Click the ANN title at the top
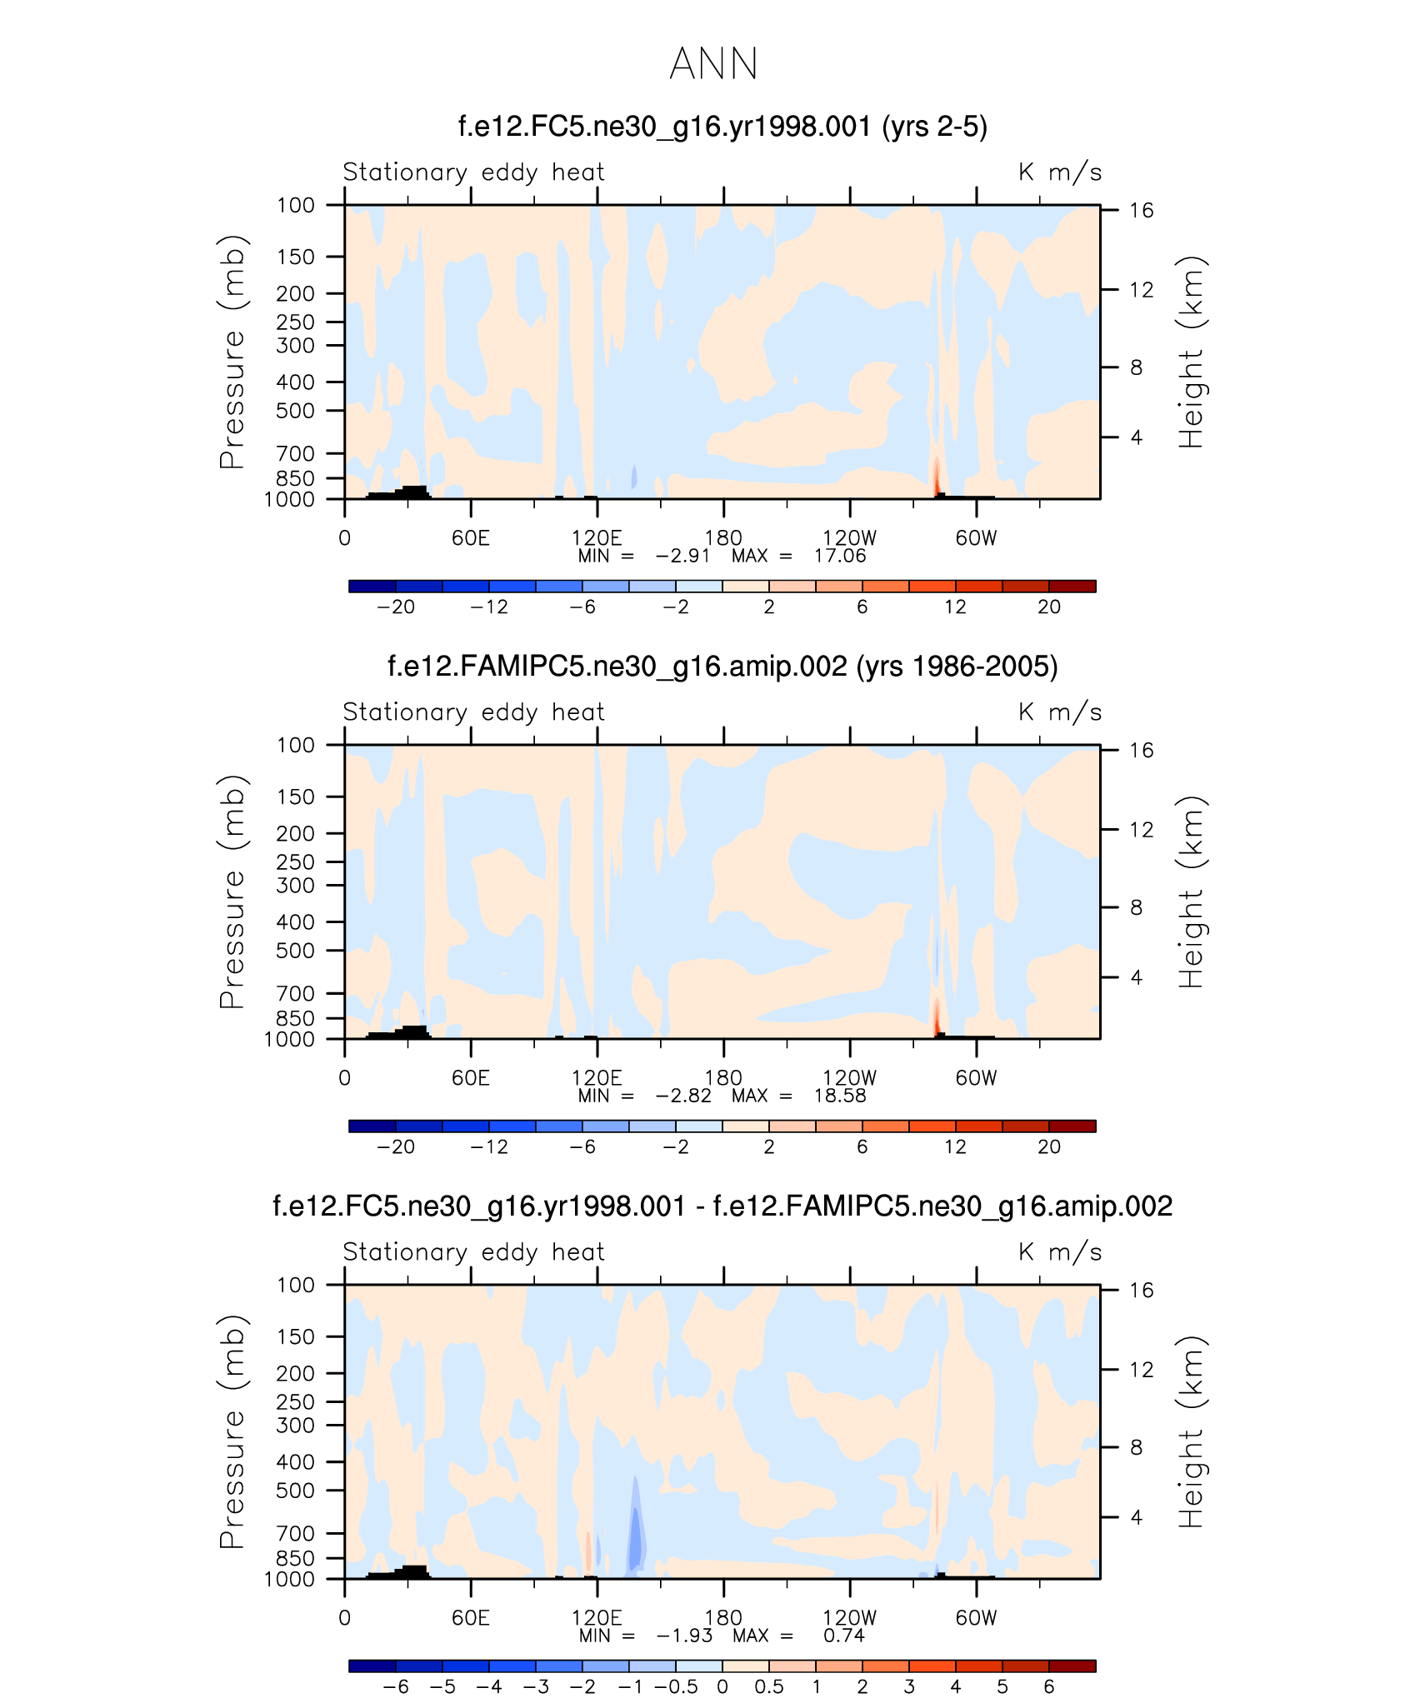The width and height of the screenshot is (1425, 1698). [713, 64]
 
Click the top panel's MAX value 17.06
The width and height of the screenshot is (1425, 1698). [839, 556]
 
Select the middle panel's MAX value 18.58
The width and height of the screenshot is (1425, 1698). [839, 1096]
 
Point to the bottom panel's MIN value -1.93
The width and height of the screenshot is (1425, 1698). [684, 1636]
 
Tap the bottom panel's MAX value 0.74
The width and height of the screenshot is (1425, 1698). [843, 1636]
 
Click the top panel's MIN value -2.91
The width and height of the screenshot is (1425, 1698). [682, 556]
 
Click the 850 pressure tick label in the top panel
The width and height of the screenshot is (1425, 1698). [295, 478]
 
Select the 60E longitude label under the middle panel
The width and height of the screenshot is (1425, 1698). [470, 1078]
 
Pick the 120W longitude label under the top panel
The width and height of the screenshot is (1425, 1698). [849, 538]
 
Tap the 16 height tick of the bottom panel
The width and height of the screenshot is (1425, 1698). [1141, 1291]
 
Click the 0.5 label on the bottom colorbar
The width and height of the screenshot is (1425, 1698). [768, 1686]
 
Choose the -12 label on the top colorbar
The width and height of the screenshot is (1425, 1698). [488, 607]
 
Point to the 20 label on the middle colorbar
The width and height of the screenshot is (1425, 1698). [1048, 1146]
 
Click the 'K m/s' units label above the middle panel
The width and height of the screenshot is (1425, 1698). [1059, 712]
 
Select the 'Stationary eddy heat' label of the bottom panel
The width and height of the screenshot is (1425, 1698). [473, 1252]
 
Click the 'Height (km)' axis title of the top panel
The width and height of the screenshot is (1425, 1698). [1192, 352]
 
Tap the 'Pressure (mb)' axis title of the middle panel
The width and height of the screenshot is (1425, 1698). [232, 891]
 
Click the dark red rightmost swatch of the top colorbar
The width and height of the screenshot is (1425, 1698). [1072, 586]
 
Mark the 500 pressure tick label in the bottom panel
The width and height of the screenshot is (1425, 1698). [295, 1491]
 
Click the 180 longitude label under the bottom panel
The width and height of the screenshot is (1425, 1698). [723, 1618]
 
